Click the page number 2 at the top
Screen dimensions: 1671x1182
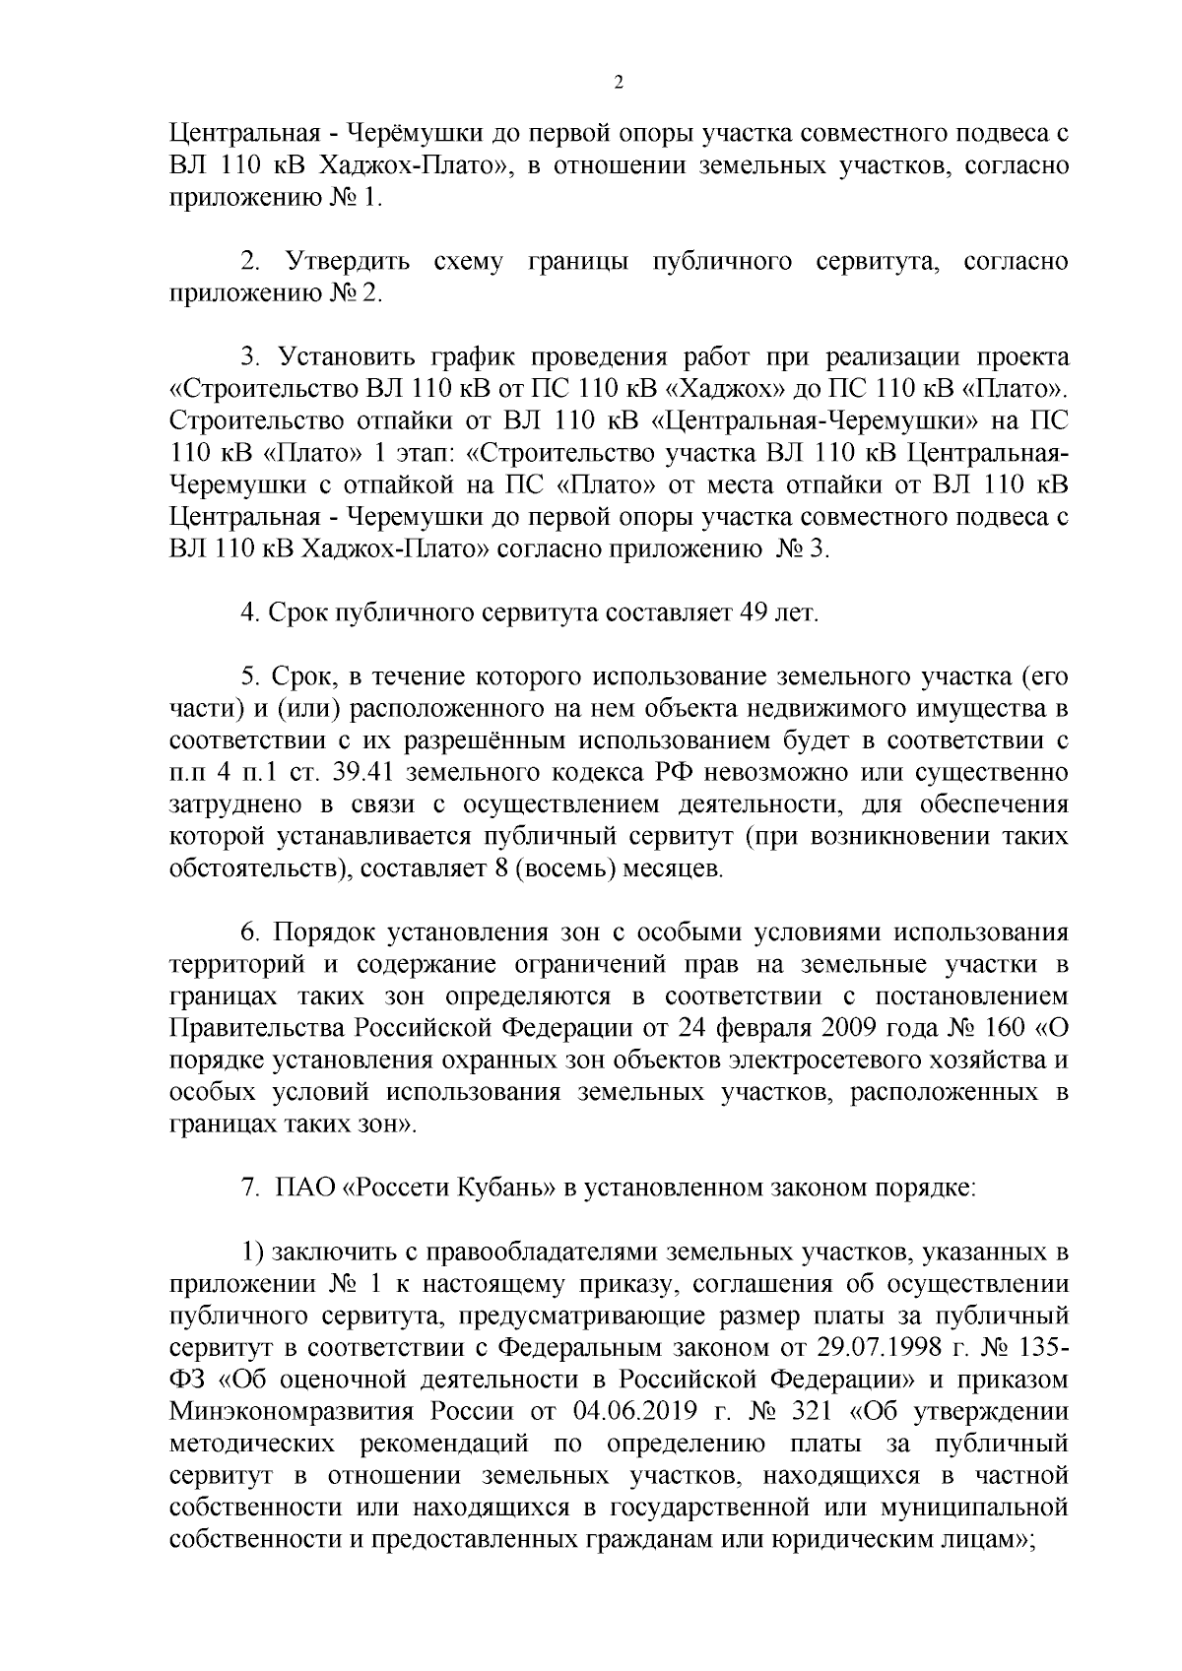click(x=619, y=84)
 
